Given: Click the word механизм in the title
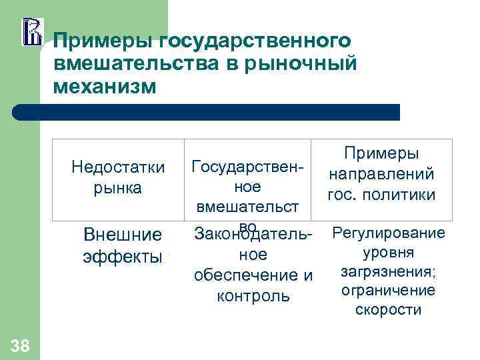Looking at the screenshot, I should [x=105, y=87].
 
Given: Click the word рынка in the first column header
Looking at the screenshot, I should [x=118, y=188].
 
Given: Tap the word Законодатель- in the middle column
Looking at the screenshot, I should [x=252, y=234].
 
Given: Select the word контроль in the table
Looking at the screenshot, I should [x=253, y=295].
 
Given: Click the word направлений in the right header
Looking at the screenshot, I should [x=381, y=174].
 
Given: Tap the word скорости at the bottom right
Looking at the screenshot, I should [x=389, y=310].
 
